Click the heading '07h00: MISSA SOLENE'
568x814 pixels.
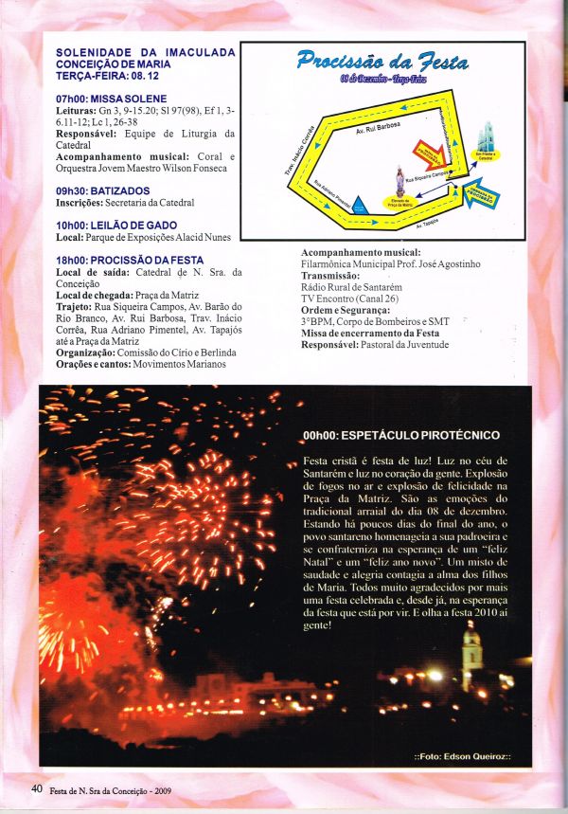[x=111, y=99]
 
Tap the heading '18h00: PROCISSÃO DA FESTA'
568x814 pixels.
[x=129, y=260]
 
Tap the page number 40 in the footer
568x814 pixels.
[x=37, y=788]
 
